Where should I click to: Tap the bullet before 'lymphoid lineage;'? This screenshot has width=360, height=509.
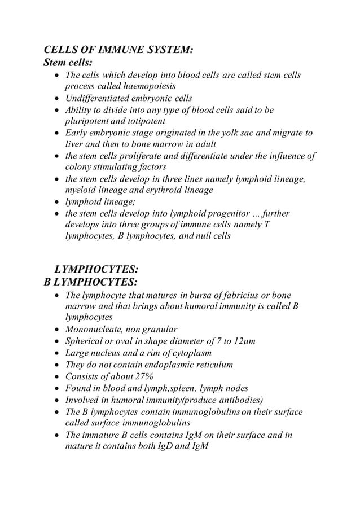[57, 203]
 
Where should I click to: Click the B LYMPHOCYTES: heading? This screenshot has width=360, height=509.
[91, 281]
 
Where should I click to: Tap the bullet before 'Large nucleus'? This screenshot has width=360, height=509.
[57, 353]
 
